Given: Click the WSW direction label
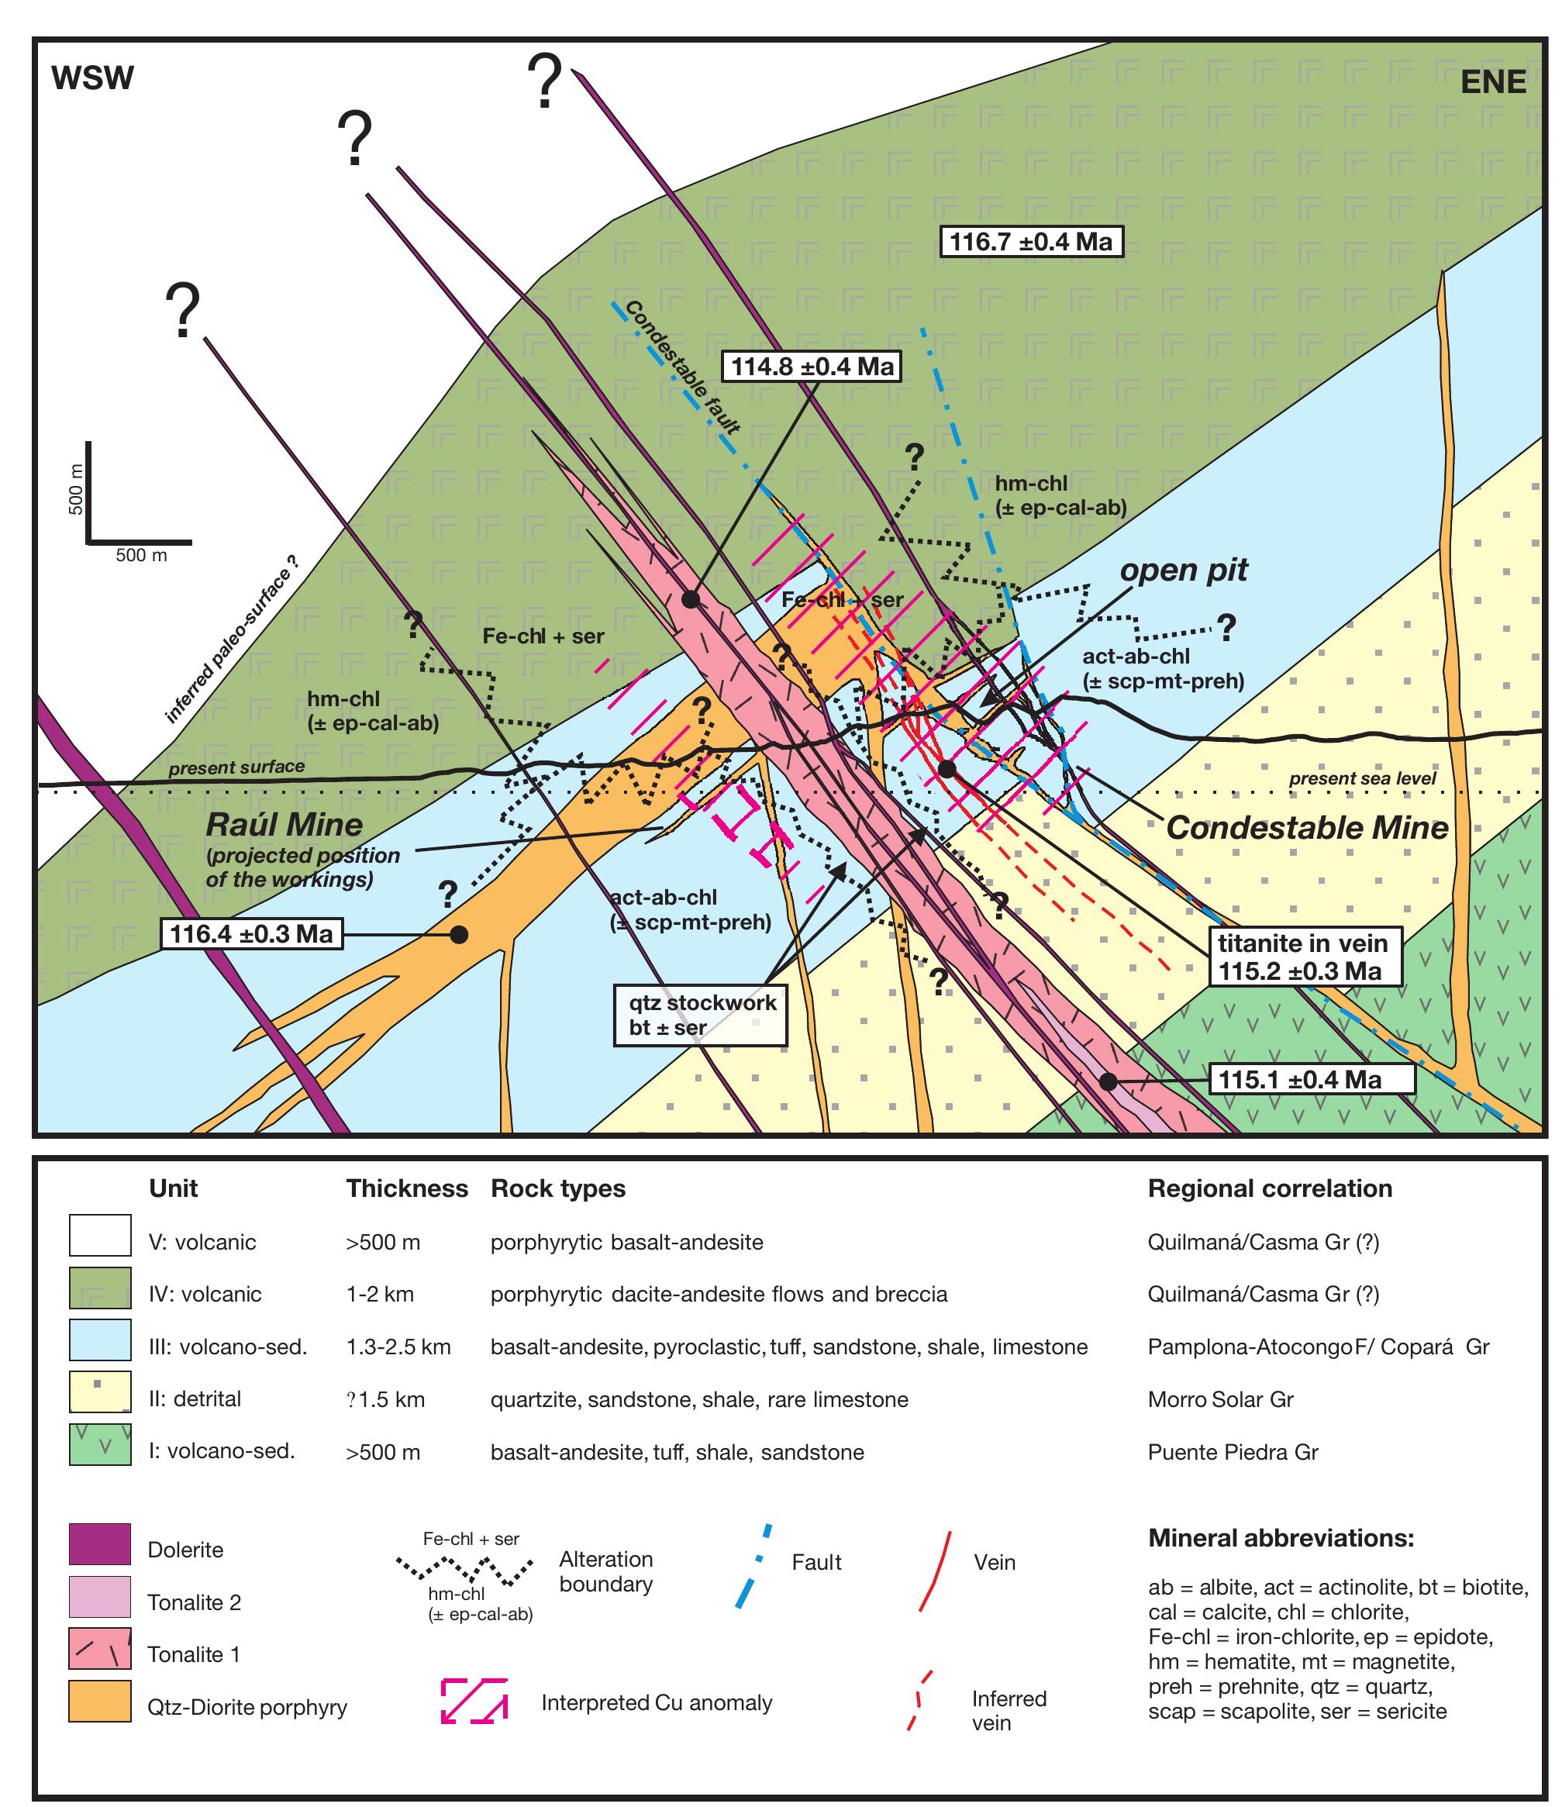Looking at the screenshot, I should pos(92,78).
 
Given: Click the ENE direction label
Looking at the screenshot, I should pos(1493,82).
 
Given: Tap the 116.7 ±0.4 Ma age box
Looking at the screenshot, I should pos(1030,240).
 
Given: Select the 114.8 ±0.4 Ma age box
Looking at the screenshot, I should pos(812,366).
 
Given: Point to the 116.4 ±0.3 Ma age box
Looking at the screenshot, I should pos(251,934).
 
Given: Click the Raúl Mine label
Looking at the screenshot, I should pos(284,825).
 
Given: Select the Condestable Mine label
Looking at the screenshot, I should pos(1306,828).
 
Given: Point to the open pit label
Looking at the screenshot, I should pos(1184,570).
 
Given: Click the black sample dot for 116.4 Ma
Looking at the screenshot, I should pos(459,935).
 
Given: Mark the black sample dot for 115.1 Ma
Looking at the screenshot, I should pos(1108,1081).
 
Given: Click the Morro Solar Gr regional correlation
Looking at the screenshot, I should pos(1220,1400).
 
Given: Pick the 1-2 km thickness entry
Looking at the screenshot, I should pos(379,1295).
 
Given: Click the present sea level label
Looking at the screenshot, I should pos(1361,778).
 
